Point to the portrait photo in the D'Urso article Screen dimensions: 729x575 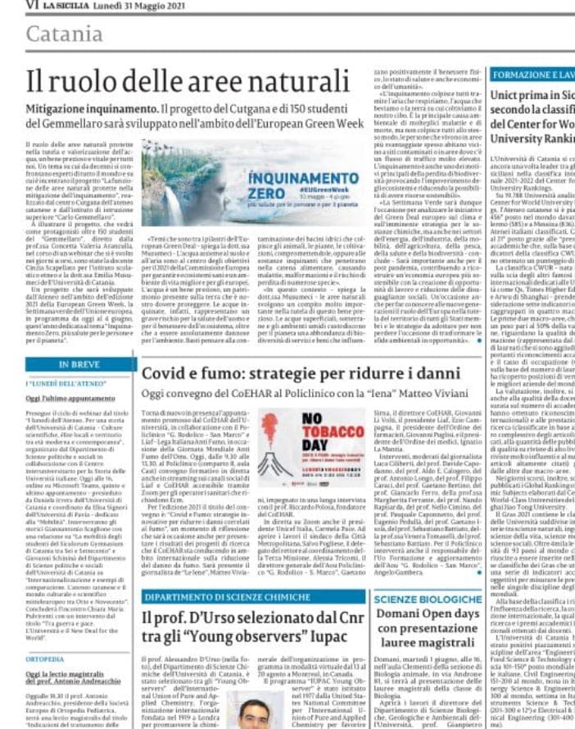point(256,713)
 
